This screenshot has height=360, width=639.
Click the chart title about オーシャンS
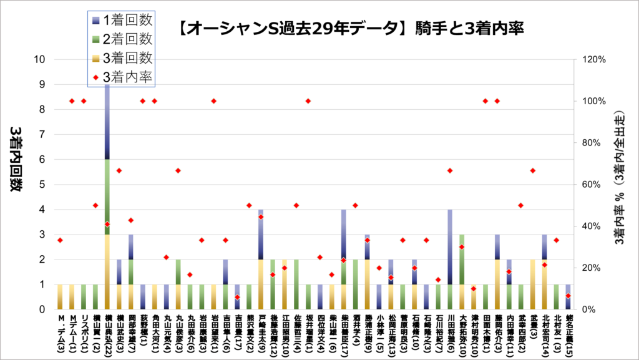coord(349,29)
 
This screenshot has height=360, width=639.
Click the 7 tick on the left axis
coord(41,134)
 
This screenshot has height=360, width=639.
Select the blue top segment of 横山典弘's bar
coord(107,122)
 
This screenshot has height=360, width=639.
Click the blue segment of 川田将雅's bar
coord(449,246)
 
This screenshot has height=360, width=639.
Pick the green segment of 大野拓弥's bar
coord(461,259)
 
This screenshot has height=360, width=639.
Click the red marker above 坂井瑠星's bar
coord(308,101)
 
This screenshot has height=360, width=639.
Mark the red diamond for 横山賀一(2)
coord(95,205)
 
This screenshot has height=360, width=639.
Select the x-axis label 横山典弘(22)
coord(107,334)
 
